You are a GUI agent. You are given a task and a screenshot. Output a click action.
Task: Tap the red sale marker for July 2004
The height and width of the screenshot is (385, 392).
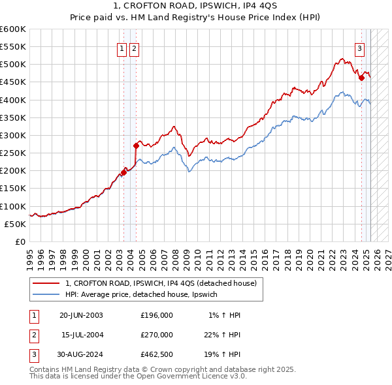(x=136, y=146)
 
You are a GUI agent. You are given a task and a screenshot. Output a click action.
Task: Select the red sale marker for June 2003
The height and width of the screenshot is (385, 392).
(x=123, y=172)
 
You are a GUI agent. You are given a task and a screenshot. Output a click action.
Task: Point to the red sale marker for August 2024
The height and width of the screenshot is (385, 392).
(x=361, y=78)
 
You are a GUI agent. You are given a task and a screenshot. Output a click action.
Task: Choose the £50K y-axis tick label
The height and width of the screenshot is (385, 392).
(x=16, y=224)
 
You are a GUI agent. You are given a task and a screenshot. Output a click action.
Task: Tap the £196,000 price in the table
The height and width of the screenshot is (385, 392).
(x=157, y=315)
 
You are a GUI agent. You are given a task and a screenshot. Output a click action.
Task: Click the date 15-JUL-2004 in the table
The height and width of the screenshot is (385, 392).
(x=82, y=335)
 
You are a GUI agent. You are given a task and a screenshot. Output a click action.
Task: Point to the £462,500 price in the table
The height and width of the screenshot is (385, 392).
(x=157, y=354)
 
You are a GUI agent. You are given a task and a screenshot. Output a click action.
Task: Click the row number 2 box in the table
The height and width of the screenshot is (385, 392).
(x=33, y=335)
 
